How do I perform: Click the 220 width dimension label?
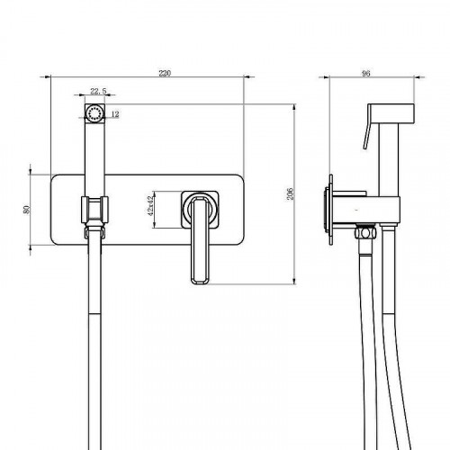click(x=165, y=74)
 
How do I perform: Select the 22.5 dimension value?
click(x=98, y=91)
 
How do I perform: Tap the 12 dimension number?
click(x=115, y=114)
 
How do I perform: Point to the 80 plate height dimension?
click(x=27, y=210)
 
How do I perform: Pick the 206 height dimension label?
click(x=290, y=193)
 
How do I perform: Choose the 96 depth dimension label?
click(x=366, y=74)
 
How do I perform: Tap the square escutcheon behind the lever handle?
click(x=200, y=209)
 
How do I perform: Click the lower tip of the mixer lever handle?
click(x=200, y=283)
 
